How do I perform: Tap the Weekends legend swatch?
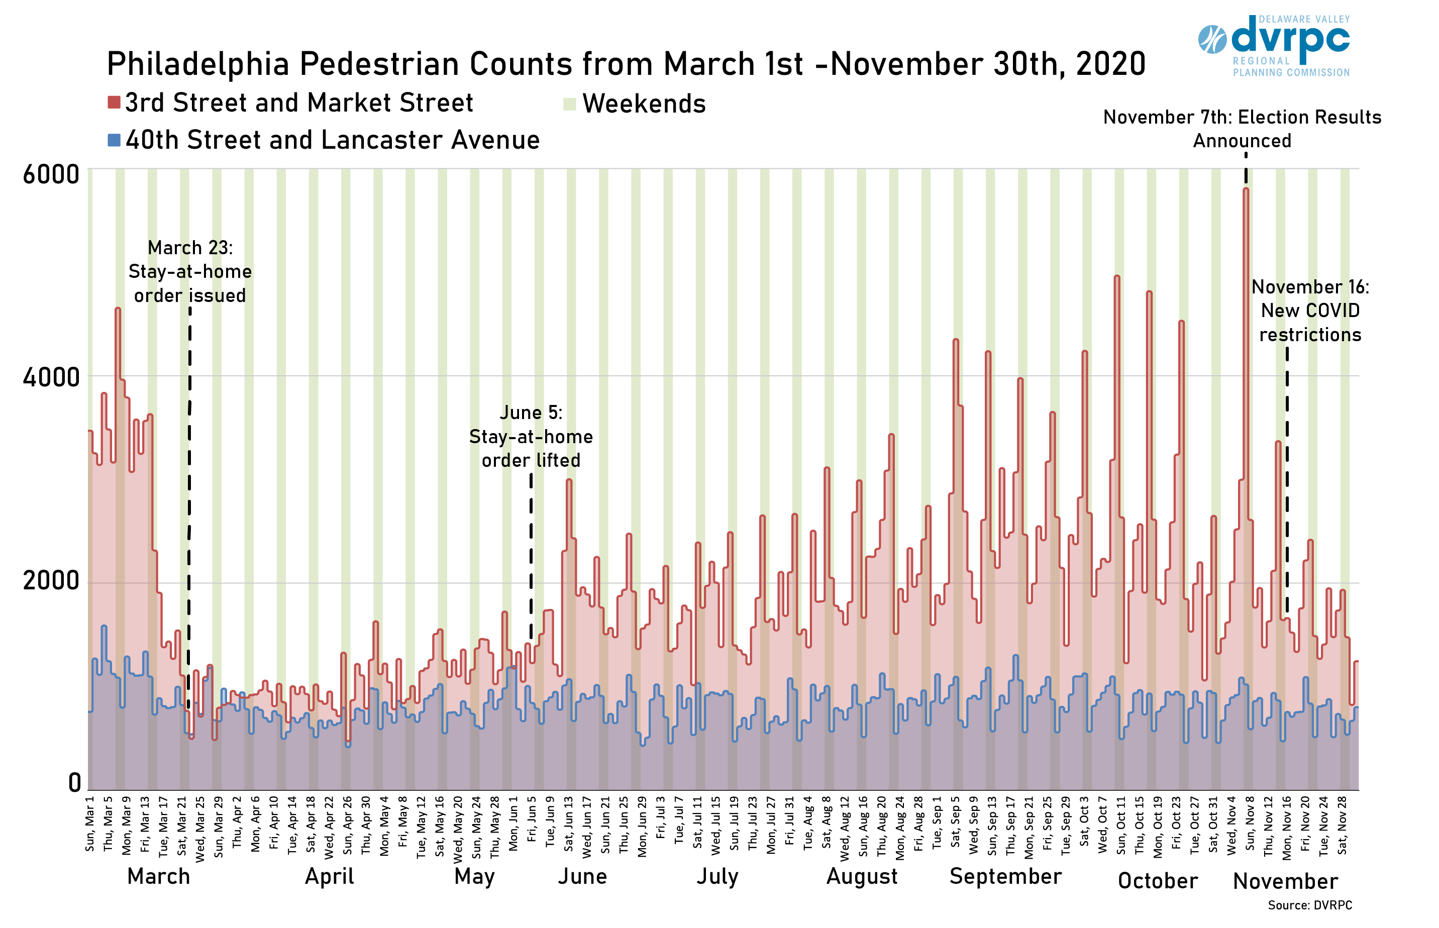tap(569, 104)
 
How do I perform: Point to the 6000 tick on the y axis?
tap(51, 174)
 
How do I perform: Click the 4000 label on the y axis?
tap(51, 377)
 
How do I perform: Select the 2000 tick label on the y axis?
tap(51, 580)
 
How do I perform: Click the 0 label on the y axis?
tap(74, 782)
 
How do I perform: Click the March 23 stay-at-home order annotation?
tap(190, 271)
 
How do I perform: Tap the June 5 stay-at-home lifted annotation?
tap(531, 436)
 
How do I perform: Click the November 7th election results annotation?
tap(1242, 128)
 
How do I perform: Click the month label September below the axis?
tap(1005, 876)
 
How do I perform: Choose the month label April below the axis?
tap(329, 876)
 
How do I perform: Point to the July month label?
tap(717, 876)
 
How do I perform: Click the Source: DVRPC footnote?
tap(1309, 905)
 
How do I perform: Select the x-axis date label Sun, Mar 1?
tap(90, 824)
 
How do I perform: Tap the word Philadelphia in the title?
tap(197, 64)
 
